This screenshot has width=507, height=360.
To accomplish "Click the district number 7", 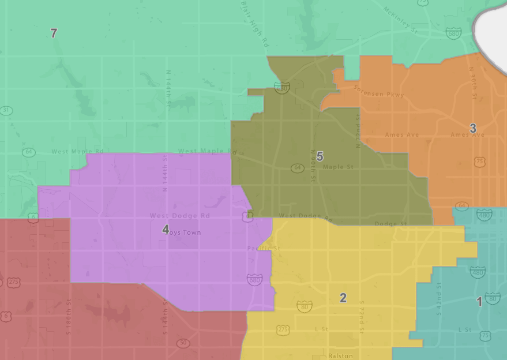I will [x=54, y=33].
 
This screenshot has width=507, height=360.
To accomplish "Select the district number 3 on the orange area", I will [x=473, y=128].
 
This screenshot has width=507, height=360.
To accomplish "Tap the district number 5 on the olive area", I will [x=320, y=156].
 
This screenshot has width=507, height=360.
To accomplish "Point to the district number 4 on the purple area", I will [x=166, y=229].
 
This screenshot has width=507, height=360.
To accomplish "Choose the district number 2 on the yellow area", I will [x=343, y=298].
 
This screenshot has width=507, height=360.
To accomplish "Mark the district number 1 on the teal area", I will [x=479, y=301].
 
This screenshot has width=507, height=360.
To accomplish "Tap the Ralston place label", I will [x=340, y=356].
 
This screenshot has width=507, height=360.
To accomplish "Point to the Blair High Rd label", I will [x=254, y=23].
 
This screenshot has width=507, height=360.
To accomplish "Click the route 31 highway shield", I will [x=6, y=110].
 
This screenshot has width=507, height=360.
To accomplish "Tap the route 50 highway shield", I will [x=183, y=343].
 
